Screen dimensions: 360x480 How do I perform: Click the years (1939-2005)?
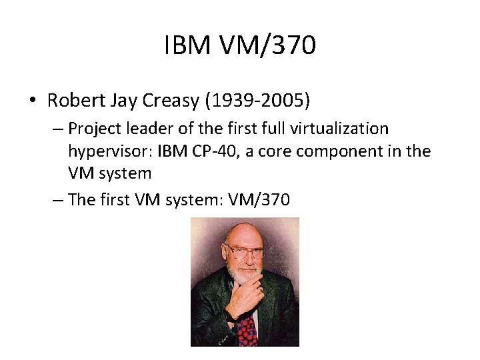257,101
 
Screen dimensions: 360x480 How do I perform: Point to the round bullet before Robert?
32,101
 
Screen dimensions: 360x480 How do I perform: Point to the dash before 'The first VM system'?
56,199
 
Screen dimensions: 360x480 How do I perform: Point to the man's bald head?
243,230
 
